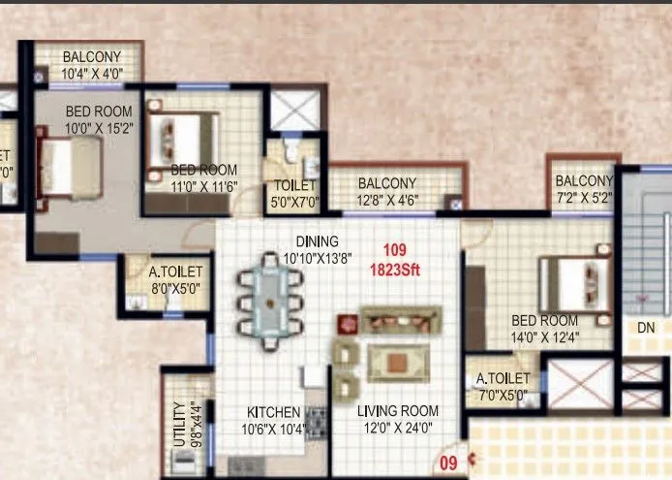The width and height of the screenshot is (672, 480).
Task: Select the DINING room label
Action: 318,241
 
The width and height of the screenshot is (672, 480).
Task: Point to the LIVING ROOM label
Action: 398,411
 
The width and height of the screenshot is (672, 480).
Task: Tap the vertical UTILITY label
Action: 178,423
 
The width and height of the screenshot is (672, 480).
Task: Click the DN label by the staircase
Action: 647,328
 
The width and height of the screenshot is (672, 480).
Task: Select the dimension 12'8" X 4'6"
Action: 386,203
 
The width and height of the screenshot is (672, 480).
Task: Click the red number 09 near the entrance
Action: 448,464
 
